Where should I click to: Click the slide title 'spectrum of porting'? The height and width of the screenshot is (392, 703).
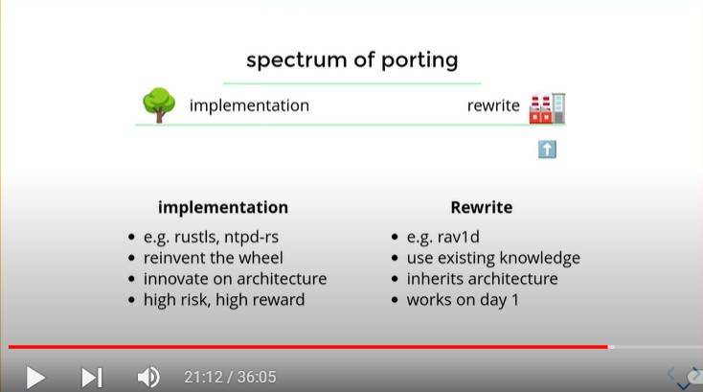click(351, 60)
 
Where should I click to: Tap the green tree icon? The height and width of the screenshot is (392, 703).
click(159, 105)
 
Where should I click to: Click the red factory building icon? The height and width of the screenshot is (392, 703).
click(547, 108)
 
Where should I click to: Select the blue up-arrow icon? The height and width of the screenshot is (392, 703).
click(547, 150)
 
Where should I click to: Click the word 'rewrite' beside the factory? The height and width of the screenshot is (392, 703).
click(493, 105)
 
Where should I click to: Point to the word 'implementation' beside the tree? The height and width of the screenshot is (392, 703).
click(249, 105)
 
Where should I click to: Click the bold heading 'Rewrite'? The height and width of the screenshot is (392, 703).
click(482, 207)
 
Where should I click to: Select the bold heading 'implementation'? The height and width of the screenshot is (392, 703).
click(223, 207)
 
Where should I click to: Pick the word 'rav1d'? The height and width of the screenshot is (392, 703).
click(458, 237)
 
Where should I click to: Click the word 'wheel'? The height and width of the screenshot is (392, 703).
click(261, 258)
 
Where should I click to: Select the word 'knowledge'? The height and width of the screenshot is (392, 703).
click(540, 259)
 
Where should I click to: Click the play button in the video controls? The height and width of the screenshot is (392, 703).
click(35, 378)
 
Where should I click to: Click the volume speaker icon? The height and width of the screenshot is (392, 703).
click(148, 378)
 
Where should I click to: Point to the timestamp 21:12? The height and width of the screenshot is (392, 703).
click(204, 378)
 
